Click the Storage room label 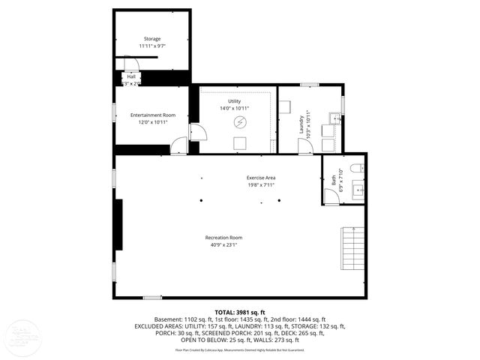(152, 39)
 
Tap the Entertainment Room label (152, 115)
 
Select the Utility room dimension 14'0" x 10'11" (235, 108)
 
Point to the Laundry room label (301, 121)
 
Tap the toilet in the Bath (357, 167)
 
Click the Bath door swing (331, 196)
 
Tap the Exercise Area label (261, 177)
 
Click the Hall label (131, 76)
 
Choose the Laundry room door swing (304, 147)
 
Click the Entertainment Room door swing (179, 146)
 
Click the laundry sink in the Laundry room (334, 118)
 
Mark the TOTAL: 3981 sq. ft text (240, 312)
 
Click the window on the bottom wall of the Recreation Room (152, 298)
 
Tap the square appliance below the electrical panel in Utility (240, 144)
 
